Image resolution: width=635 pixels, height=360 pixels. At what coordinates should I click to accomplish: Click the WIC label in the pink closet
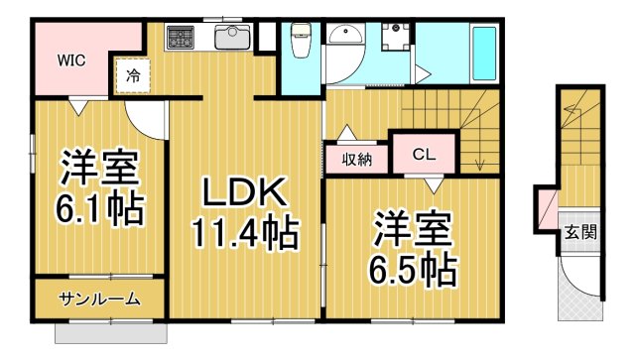click(69, 60)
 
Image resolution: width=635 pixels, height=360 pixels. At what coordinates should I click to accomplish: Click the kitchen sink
click(232, 40)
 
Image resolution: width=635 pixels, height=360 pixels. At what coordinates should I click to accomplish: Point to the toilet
click(300, 42)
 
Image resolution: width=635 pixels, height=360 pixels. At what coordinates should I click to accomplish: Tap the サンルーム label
click(98, 300)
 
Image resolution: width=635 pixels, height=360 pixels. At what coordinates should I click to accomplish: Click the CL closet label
click(424, 155)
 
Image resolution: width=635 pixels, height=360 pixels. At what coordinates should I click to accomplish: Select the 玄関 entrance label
click(580, 234)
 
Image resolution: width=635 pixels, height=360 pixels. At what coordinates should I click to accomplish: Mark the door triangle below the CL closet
click(433, 181)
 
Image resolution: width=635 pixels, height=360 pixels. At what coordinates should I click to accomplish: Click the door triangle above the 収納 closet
click(345, 133)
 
